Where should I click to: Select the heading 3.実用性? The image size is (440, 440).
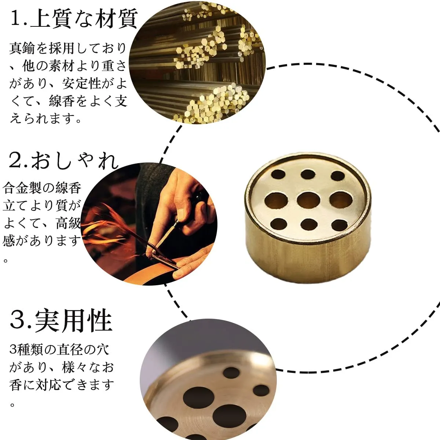pyautogui.click(x=61, y=321)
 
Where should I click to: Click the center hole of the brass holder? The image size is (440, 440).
pyautogui.click(x=308, y=200)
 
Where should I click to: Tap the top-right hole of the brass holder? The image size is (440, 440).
pyautogui.click(x=338, y=176)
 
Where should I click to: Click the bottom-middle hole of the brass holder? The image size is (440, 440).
pyautogui.click(x=309, y=224)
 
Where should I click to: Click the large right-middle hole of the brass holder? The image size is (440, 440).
pyautogui.click(x=341, y=200)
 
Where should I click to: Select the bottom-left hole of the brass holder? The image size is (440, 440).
pyautogui.click(x=279, y=224)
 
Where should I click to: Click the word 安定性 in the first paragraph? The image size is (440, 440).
pyautogui.click(x=82, y=83)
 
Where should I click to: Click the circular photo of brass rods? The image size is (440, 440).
pyautogui.click(x=197, y=62)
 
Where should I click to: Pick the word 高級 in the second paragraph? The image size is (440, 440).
pyautogui.click(x=69, y=223)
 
